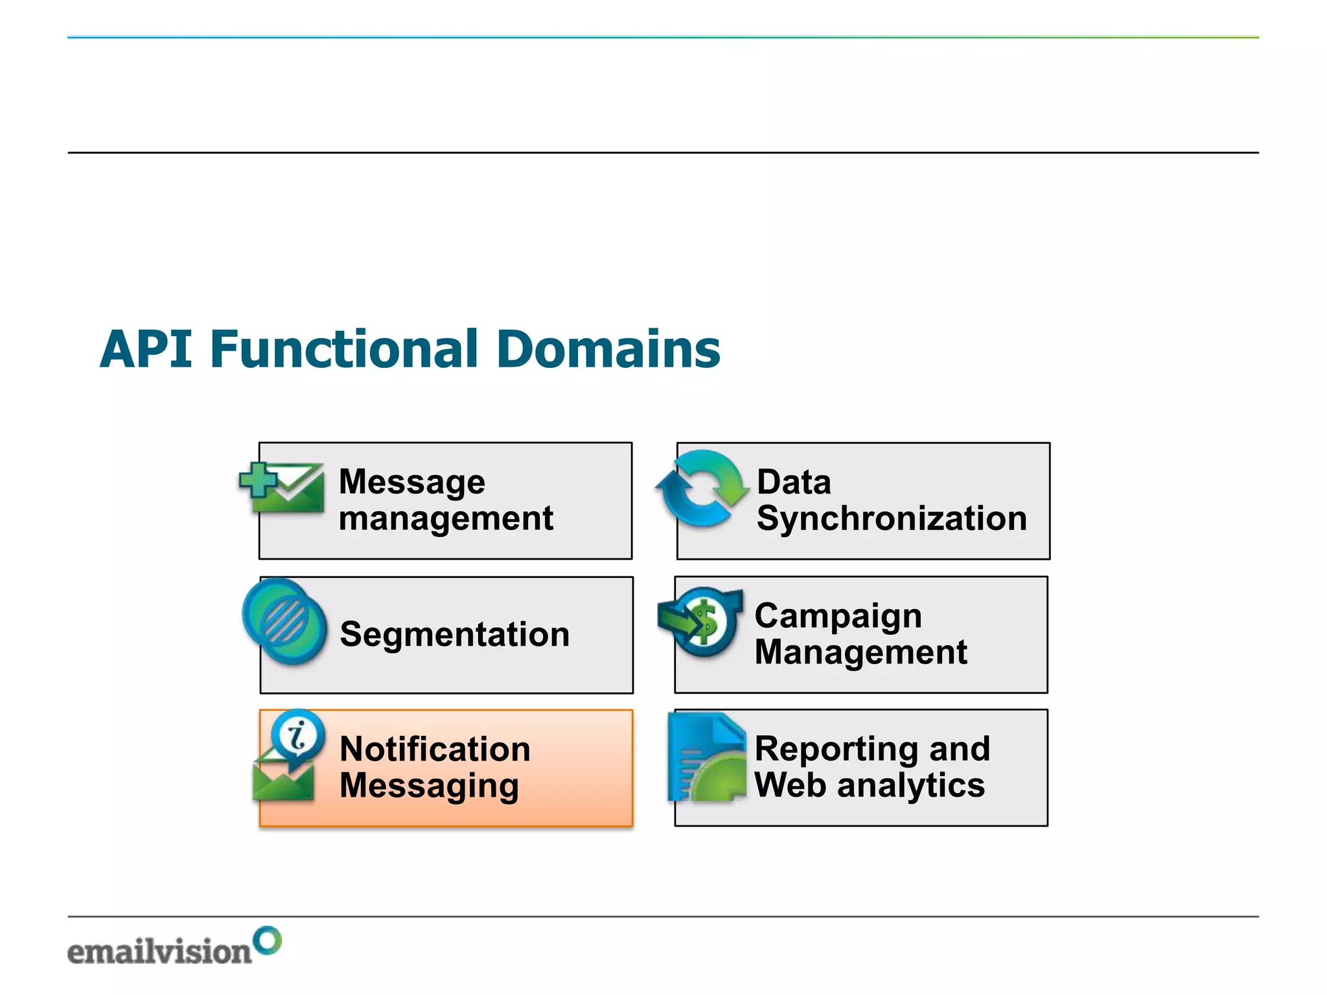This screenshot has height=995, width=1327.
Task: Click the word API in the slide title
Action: pyautogui.click(x=146, y=349)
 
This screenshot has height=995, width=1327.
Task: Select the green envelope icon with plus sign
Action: pyautogui.click(x=283, y=487)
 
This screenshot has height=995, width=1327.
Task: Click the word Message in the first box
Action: pyautogui.click(x=411, y=482)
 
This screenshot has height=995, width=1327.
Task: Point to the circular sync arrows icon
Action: pyautogui.click(x=702, y=487)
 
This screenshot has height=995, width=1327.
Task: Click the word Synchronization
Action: pyautogui.click(x=892, y=518)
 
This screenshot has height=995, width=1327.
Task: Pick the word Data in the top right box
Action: pyautogui.click(x=794, y=482)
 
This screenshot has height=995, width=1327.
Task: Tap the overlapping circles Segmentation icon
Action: pyautogui.click(x=284, y=621)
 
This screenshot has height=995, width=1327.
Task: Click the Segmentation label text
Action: pyautogui.click(x=454, y=634)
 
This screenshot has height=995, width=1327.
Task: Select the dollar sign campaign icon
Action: pyautogui.click(x=702, y=621)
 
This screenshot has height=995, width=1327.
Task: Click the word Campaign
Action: pyautogui.click(x=838, y=615)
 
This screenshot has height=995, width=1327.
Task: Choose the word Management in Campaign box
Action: pyautogui.click(x=860, y=652)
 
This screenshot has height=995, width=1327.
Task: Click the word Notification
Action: pyautogui.click(x=435, y=749)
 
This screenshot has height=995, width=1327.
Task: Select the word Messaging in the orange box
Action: pyautogui.click(x=429, y=786)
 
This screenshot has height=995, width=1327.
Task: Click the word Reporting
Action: pyautogui.click(x=836, y=749)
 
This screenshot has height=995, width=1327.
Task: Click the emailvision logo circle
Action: pyautogui.click(x=267, y=940)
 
